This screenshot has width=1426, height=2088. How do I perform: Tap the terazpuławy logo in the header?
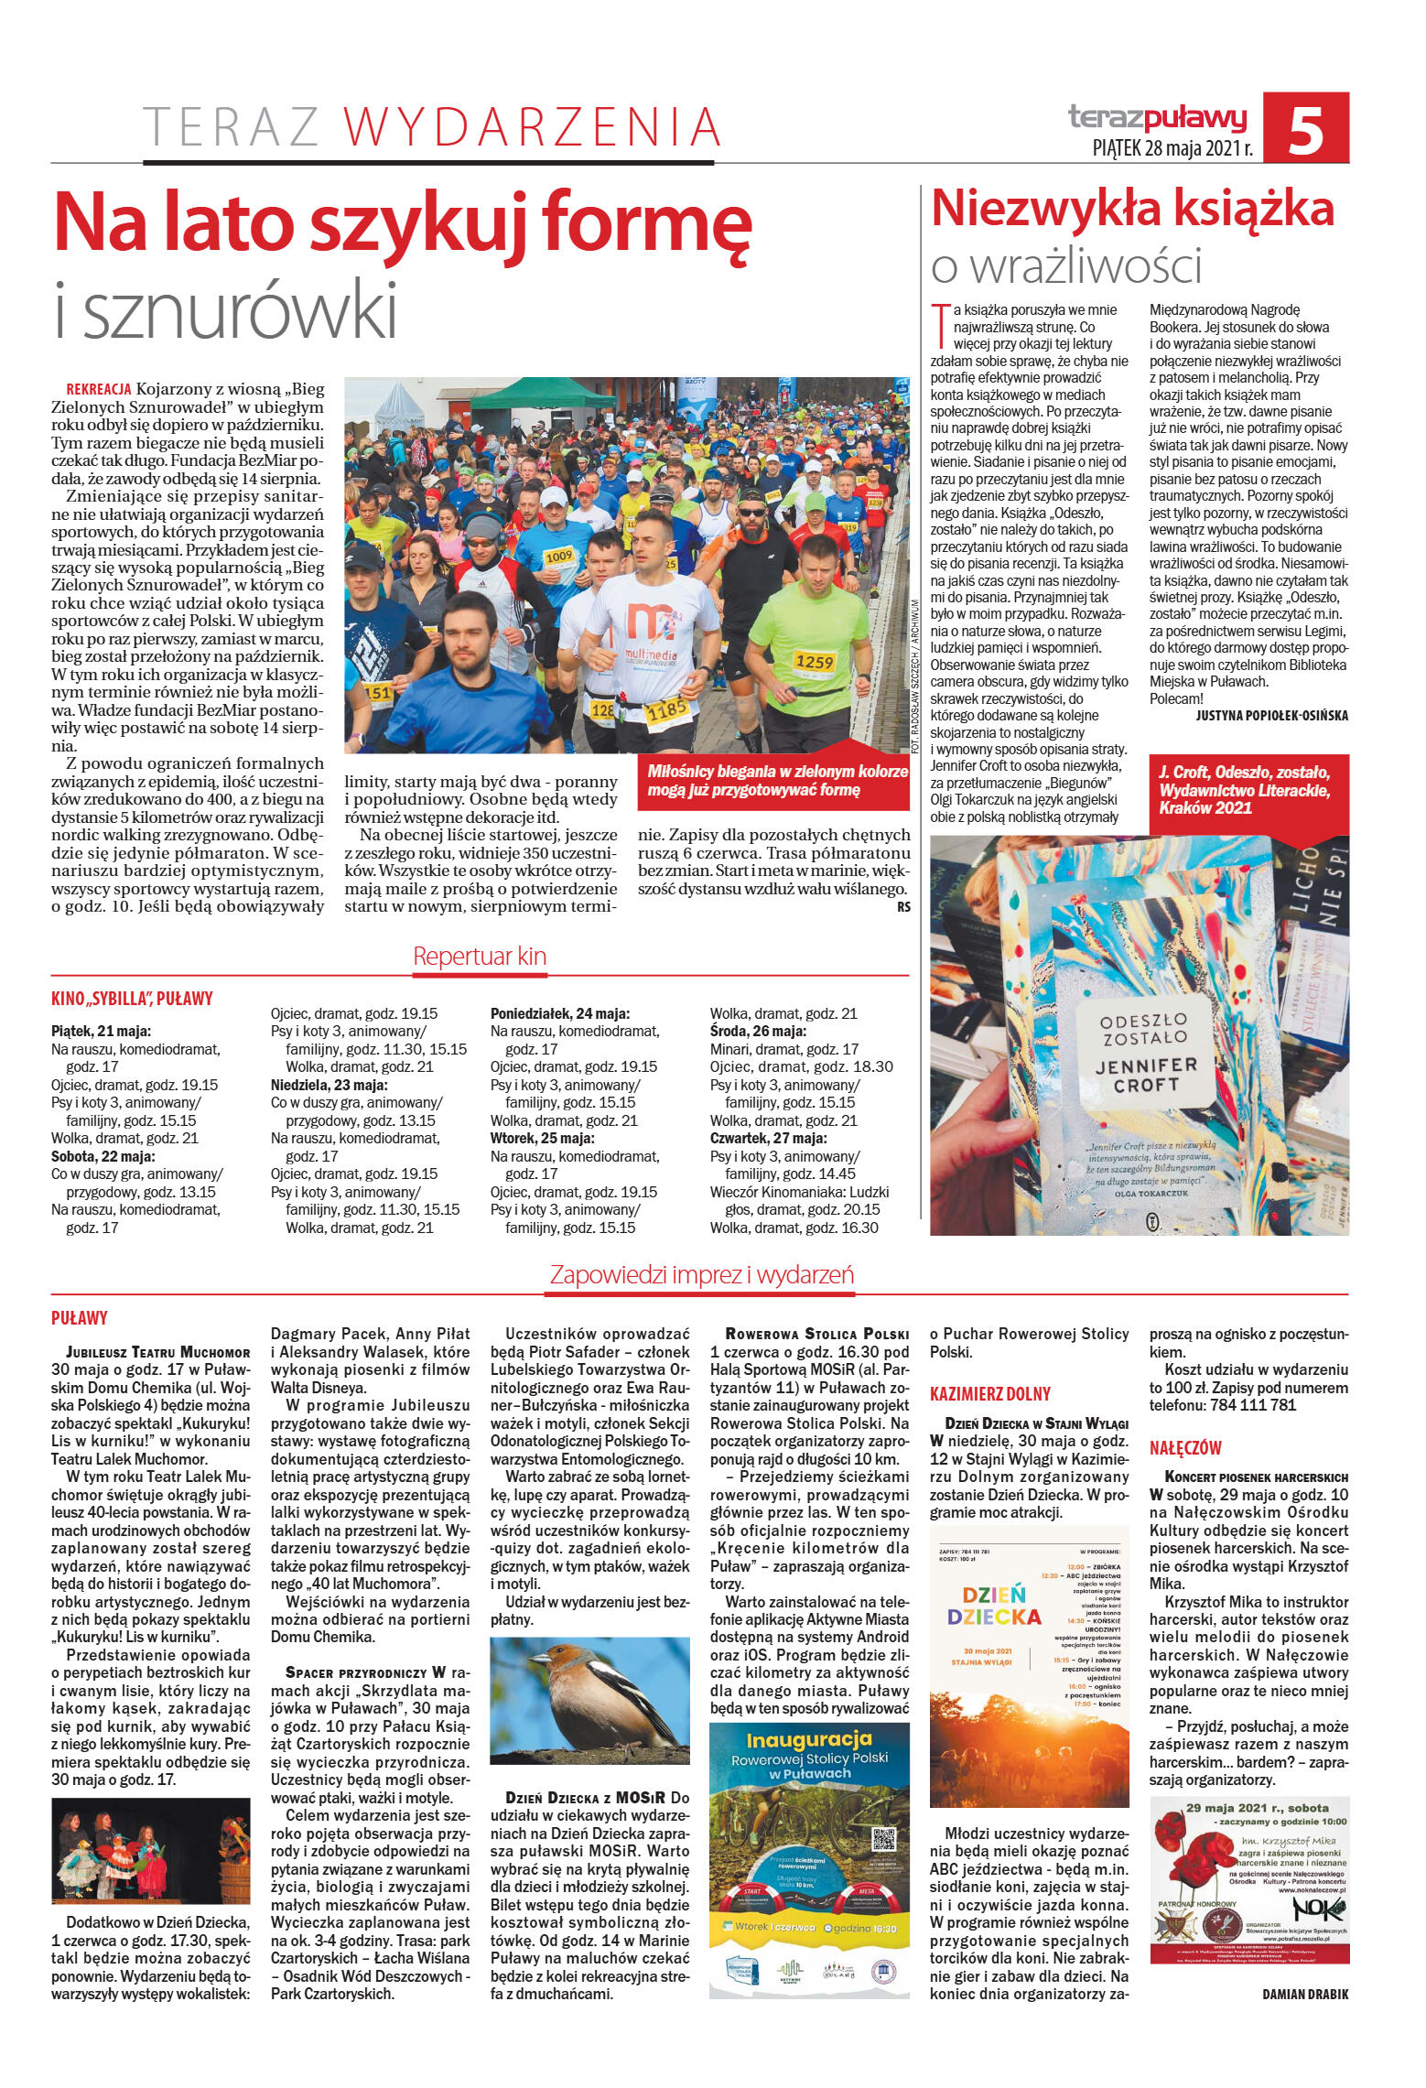(x=1158, y=116)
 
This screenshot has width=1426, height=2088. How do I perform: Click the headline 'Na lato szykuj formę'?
(x=403, y=224)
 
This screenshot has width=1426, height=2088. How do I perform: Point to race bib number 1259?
(x=814, y=661)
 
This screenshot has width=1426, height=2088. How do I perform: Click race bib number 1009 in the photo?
(x=558, y=556)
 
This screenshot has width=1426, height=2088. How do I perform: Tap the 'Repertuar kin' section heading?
(x=480, y=957)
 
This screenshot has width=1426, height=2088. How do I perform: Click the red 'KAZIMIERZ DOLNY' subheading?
(x=989, y=1394)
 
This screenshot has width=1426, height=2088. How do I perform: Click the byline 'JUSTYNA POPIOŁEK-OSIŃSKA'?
(x=1271, y=716)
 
